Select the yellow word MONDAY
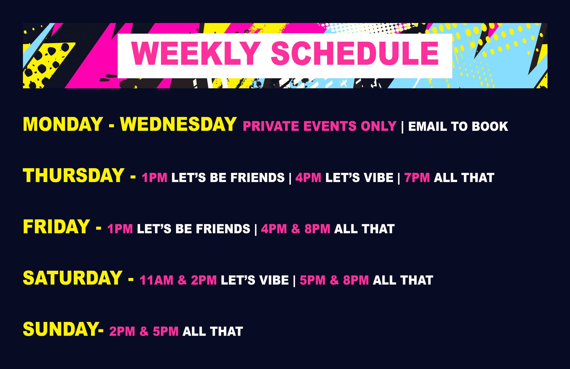[x=63, y=124]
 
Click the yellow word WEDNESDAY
[x=178, y=124]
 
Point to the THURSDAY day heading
[x=74, y=175]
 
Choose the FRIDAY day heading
[x=56, y=227]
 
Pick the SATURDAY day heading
[x=73, y=278]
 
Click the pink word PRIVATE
[x=271, y=126]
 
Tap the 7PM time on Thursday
[x=417, y=178]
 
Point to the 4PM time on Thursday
[x=308, y=178]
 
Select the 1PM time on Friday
[x=120, y=229]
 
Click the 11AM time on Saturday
[x=156, y=280]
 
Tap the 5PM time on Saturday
[x=313, y=280]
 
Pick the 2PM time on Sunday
[x=122, y=331]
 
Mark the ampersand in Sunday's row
[x=144, y=331]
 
